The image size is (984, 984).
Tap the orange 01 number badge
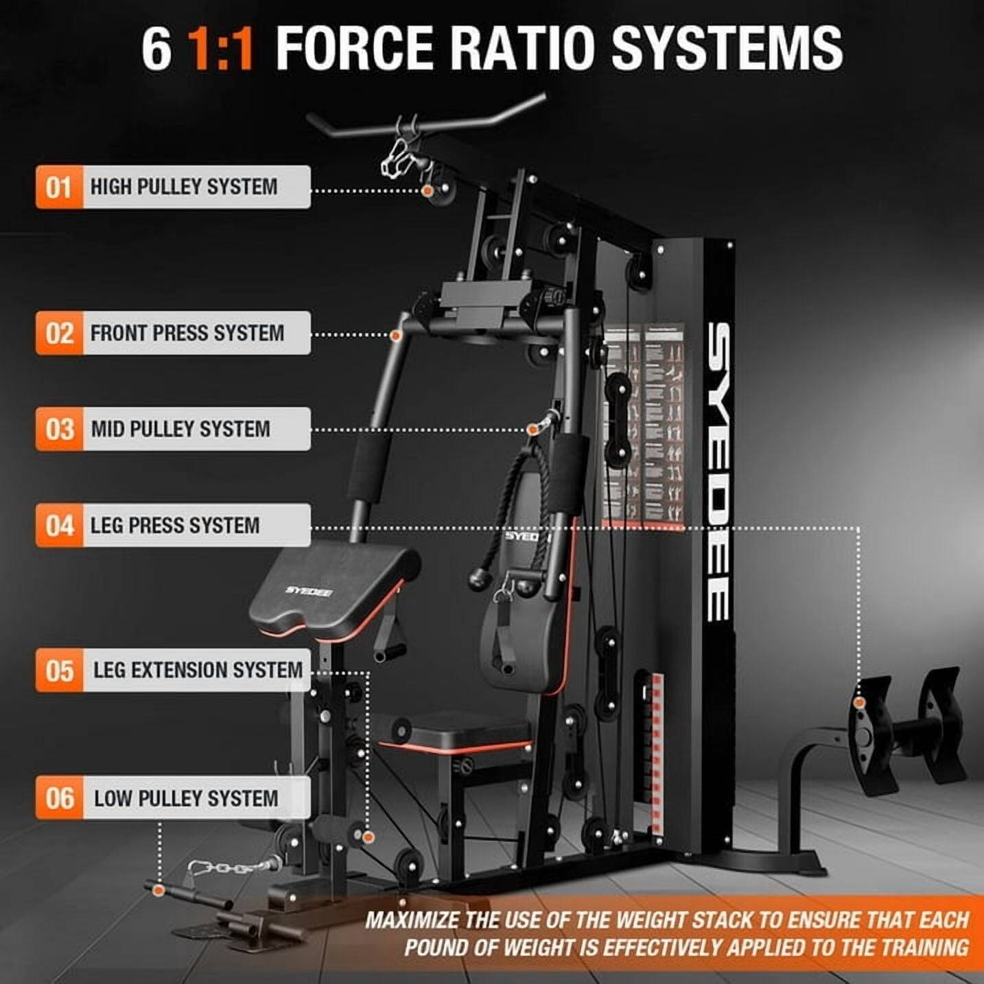pyautogui.click(x=59, y=187)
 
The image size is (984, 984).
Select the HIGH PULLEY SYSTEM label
pyautogui.click(x=184, y=187)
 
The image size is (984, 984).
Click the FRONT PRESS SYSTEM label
pyautogui.click(x=187, y=333)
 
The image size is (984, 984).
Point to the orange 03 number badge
pyautogui.click(x=59, y=429)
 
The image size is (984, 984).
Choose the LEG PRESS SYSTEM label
pyautogui.click(x=175, y=526)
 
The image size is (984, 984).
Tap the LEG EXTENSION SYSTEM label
pyautogui.click(x=198, y=670)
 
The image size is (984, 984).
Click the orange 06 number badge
pyautogui.click(x=59, y=798)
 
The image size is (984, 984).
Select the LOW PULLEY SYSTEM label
pyautogui.click(x=186, y=798)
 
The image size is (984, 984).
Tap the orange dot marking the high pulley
pyautogui.click(x=427, y=190)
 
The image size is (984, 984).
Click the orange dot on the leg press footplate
pyautogui.click(x=858, y=703)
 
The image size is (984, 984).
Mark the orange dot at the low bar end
pyautogui.click(x=159, y=891)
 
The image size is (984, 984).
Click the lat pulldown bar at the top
pyautogui.click(x=425, y=121)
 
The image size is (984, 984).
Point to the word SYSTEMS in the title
pyautogui.click(x=727, y=49)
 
